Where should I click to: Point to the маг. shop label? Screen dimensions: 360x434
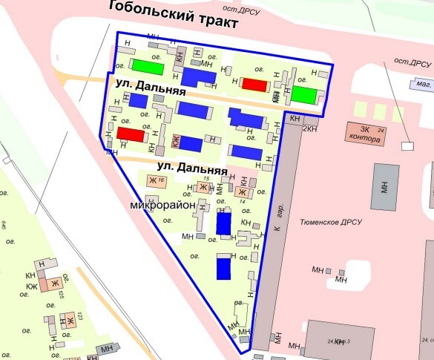(x=424, y=86)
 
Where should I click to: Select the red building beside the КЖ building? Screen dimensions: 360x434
(x=131, y=134)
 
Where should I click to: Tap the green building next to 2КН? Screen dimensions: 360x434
(x=303, y=94)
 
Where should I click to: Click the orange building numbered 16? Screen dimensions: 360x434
(x=154, y=180)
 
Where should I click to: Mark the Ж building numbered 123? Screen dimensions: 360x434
(x=67, y=321)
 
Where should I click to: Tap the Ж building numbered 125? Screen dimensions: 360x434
(x=54, y=284)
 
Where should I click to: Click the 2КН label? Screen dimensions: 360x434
(x=310, y=128)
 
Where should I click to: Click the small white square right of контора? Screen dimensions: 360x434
(x=407, y=145)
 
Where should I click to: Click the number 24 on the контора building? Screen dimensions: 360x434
(x=381, y=130)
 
